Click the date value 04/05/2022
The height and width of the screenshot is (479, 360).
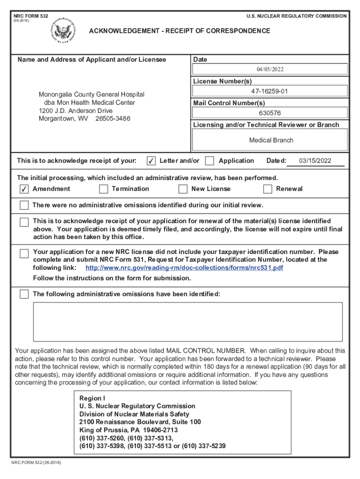click(x=270, y=69)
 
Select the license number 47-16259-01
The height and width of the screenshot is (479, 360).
click(x=269, y=91)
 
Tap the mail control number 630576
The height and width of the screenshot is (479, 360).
click(x=270, y=113)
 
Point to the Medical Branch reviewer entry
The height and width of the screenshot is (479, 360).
click(x=271, y=140)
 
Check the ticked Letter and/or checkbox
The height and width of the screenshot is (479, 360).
click(x=151, y=161)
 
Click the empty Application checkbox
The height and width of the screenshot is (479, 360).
click(x=210, y=161)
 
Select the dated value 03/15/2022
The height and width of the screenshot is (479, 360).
click(x=315, y=161)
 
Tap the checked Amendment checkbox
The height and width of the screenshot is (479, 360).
click(x=24, y=189)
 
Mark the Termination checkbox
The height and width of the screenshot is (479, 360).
click(x=103, y=189)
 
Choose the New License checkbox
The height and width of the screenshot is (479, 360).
click(x=183, y=189)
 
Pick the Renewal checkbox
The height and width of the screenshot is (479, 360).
click(x=267, y=189)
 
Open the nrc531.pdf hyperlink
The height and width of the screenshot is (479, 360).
click(x=184, y=268)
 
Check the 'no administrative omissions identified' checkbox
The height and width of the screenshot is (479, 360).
click(x=24, y=205)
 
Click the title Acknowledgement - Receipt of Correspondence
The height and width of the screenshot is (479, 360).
click(x=180, y=31)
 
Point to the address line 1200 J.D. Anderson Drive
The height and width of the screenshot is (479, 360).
click(x=76, y=111)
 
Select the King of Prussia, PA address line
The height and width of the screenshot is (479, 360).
click(x=129, y=430)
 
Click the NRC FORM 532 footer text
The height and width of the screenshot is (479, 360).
click(x=36, y=463)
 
